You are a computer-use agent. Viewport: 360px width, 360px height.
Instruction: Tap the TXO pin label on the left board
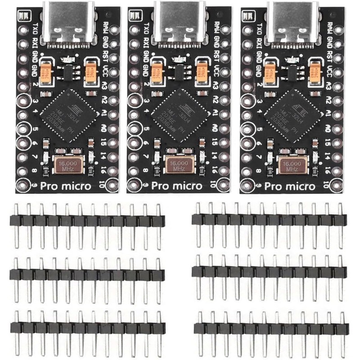coord(35,30)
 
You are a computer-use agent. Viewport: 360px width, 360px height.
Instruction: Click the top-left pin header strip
coord(87,221)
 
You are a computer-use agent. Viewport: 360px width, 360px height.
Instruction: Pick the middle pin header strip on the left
coord(87,274)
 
